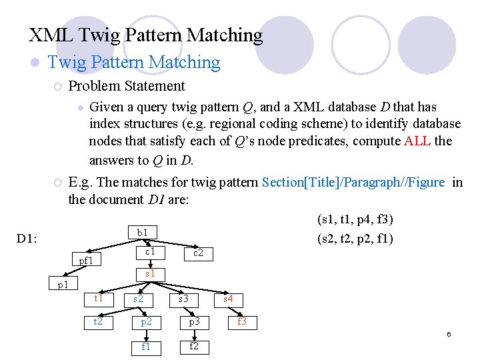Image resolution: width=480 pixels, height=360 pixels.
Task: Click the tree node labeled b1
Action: click(143, 233)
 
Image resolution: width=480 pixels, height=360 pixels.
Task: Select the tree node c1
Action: click(150, 252)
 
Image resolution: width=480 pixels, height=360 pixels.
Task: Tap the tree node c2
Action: click(198, 253)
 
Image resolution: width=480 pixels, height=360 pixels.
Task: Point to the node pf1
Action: click(86, 261)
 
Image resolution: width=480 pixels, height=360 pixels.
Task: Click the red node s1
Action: click(150, 274)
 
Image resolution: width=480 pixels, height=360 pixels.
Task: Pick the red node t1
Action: click(99, 298)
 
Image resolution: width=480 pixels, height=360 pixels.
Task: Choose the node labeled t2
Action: click(99, 321)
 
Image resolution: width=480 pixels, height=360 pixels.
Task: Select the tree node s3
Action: click(184, 299)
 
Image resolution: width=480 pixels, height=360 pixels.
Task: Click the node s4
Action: click(228, 299)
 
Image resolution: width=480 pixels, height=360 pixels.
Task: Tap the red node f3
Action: click(242, 321)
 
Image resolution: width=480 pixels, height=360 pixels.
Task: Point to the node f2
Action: click(194, 346)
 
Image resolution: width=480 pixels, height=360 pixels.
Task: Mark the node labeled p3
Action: click(194, 321)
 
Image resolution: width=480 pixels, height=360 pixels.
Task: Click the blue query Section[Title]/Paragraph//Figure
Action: click(353, 183)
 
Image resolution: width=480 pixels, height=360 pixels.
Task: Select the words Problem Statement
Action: click(127, 86)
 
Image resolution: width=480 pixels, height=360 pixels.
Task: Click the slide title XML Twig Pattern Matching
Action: click(146, 35)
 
